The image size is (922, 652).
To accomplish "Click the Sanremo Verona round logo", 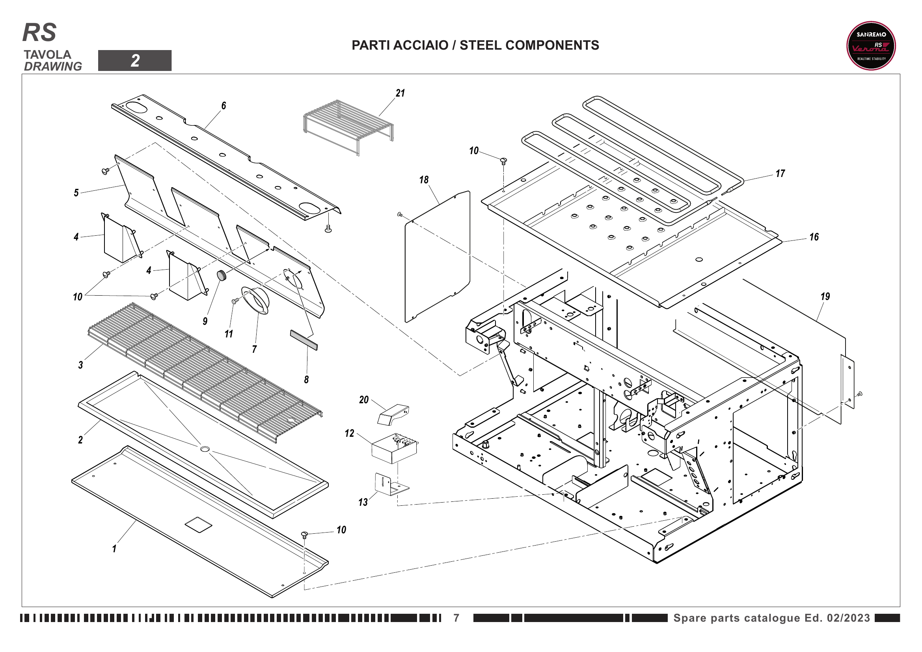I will [x=871, y=46].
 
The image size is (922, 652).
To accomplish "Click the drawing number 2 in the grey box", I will [x=135, y=61].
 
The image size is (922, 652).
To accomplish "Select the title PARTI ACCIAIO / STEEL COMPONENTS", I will [x=475, y=45].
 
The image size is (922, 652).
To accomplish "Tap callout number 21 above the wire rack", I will [x=400, y=93].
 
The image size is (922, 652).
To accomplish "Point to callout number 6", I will [x=224, y=106].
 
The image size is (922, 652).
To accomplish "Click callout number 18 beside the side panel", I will [x=424, y=180].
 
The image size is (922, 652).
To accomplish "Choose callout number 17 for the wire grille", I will [x=780, y=173].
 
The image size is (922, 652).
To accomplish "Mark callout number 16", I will [x=814, y=237].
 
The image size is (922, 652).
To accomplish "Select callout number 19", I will [x=825, y=296].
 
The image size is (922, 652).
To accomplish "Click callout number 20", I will [x=364, y=400].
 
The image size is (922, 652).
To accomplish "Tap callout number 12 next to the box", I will [x=349, y=434].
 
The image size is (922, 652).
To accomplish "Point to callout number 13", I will [x=363, y=502].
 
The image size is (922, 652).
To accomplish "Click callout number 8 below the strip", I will [x=306, y=379].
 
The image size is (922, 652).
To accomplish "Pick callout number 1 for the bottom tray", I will [x=114, y=549].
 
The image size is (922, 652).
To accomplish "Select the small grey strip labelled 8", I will [x=304, y=340].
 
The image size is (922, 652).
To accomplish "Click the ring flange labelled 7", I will [x=256, y=300].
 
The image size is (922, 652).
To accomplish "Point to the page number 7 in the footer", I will [x=456, y=618].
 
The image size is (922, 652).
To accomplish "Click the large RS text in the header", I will [x=39, y=32].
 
